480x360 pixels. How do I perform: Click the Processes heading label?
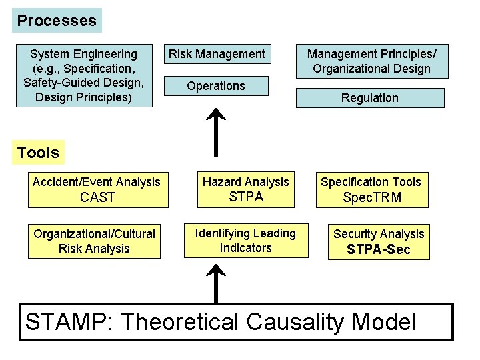coord(57,21)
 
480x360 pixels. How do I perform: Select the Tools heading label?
coord(38,153)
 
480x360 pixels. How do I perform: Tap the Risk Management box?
coord(217,54)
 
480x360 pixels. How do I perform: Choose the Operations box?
coord(216,86)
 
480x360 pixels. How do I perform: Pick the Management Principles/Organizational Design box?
coord(369,61)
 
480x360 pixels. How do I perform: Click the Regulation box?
coord(369,98)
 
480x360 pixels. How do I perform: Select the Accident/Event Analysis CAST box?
coord(96,189)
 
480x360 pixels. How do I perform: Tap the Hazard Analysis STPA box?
coord(246,189)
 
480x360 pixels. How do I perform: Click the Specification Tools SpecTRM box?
coord(371,189)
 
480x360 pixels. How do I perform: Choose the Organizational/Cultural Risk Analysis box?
coord(94,241)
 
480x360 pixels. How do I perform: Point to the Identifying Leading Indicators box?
coord(246,241)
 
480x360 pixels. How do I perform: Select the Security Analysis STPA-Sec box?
coord(378,241)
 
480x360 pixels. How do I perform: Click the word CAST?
coord(97,197)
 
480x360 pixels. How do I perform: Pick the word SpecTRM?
coord(371,197)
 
